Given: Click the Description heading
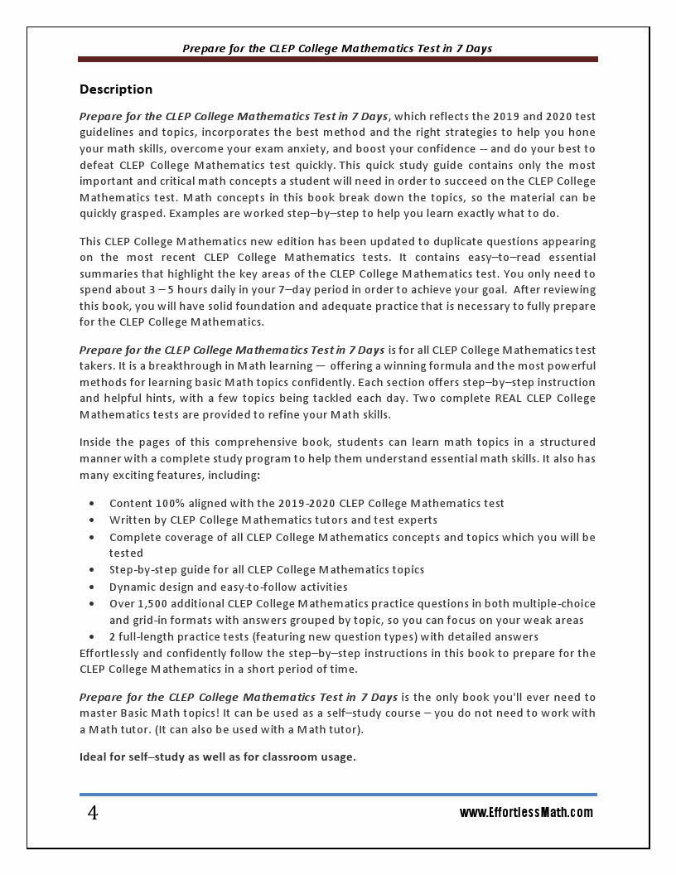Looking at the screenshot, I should tap(116, 89).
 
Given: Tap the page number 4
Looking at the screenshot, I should tap(93, 814).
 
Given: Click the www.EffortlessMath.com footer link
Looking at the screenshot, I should tap(526, 813).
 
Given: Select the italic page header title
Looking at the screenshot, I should tap(337, 48).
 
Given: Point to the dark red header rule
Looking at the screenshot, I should tap(337, 60).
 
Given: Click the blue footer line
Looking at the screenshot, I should tap(337, 795).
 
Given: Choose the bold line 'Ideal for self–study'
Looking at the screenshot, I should tap(217, 757).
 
